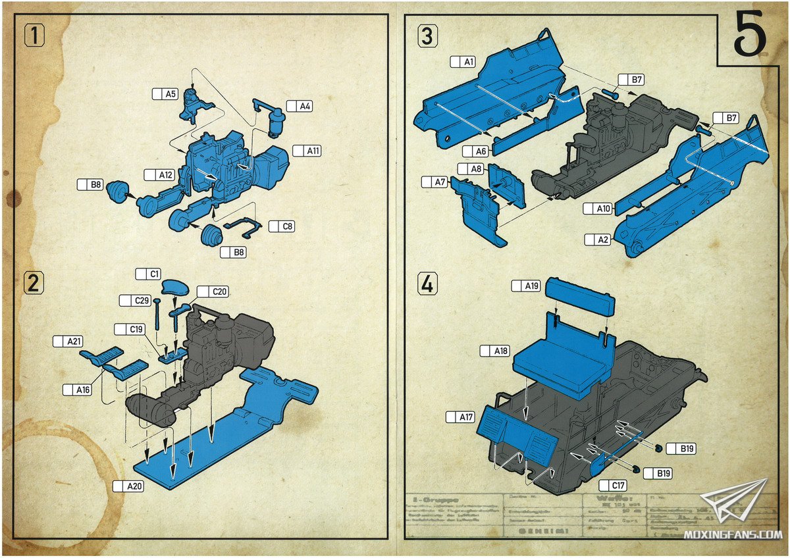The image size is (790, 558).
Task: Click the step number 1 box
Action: tap(34, 35)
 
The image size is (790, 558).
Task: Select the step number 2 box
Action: tap(34, 283)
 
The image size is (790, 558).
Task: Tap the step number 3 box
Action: tap(427, 37)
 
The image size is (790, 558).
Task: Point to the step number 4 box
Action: tap(427, 284)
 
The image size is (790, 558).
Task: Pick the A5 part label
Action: tap(165, 94)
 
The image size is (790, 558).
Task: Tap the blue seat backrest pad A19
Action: tap(581, 295)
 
